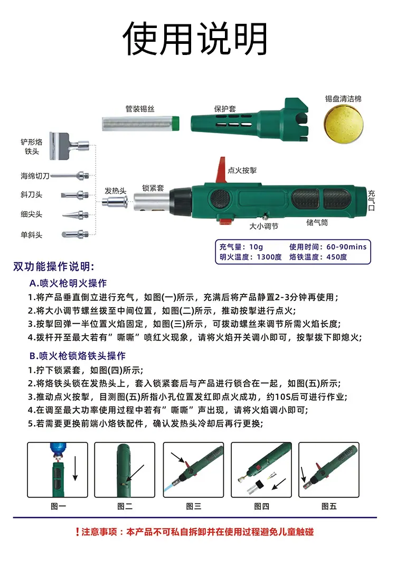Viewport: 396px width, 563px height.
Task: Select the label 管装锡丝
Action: (140, 109)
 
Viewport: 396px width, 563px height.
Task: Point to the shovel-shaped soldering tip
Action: (68, 145)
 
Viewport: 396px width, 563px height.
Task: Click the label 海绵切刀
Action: (35, 176)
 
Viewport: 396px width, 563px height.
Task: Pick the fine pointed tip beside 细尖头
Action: (76, 215)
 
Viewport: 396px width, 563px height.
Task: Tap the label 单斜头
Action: (31, 235)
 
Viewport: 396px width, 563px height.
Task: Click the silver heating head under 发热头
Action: (115, 201)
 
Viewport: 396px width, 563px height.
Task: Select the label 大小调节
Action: (263, 226)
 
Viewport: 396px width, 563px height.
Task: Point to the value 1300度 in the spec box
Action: (269, 257)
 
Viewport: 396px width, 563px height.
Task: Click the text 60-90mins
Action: (346, 247)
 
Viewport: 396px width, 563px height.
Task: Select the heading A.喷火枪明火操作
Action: (68, 283)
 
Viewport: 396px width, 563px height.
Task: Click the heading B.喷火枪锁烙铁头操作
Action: (78, 356)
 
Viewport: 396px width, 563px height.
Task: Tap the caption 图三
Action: (193, 506)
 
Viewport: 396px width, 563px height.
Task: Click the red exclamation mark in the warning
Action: (77, 532)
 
